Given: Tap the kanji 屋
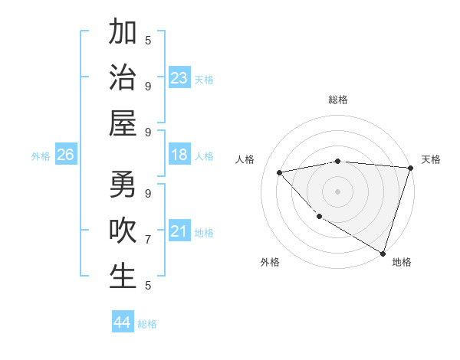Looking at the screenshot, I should click(x=123, y=123).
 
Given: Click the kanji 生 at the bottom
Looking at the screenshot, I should click(x=123, y=277).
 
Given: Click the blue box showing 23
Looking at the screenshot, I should click(x=179, y=77).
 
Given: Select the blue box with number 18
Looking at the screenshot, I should click(x=179, y=155).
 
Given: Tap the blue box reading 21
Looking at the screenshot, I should click(x=179, y=231).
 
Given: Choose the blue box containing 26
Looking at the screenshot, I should click(x=65, y=155).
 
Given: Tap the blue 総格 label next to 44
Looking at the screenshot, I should click(x=147, y=324).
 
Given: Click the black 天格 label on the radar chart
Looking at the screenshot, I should click(x=431, y=159).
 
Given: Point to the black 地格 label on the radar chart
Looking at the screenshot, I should click(x=402, y=262).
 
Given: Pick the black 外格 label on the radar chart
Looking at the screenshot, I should click(x=270, y=262).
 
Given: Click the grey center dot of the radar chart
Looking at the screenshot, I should click(x=337, y=191).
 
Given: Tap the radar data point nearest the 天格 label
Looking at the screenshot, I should click(x=410, y=168).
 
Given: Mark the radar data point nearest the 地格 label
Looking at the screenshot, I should click(x=382, y=253).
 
